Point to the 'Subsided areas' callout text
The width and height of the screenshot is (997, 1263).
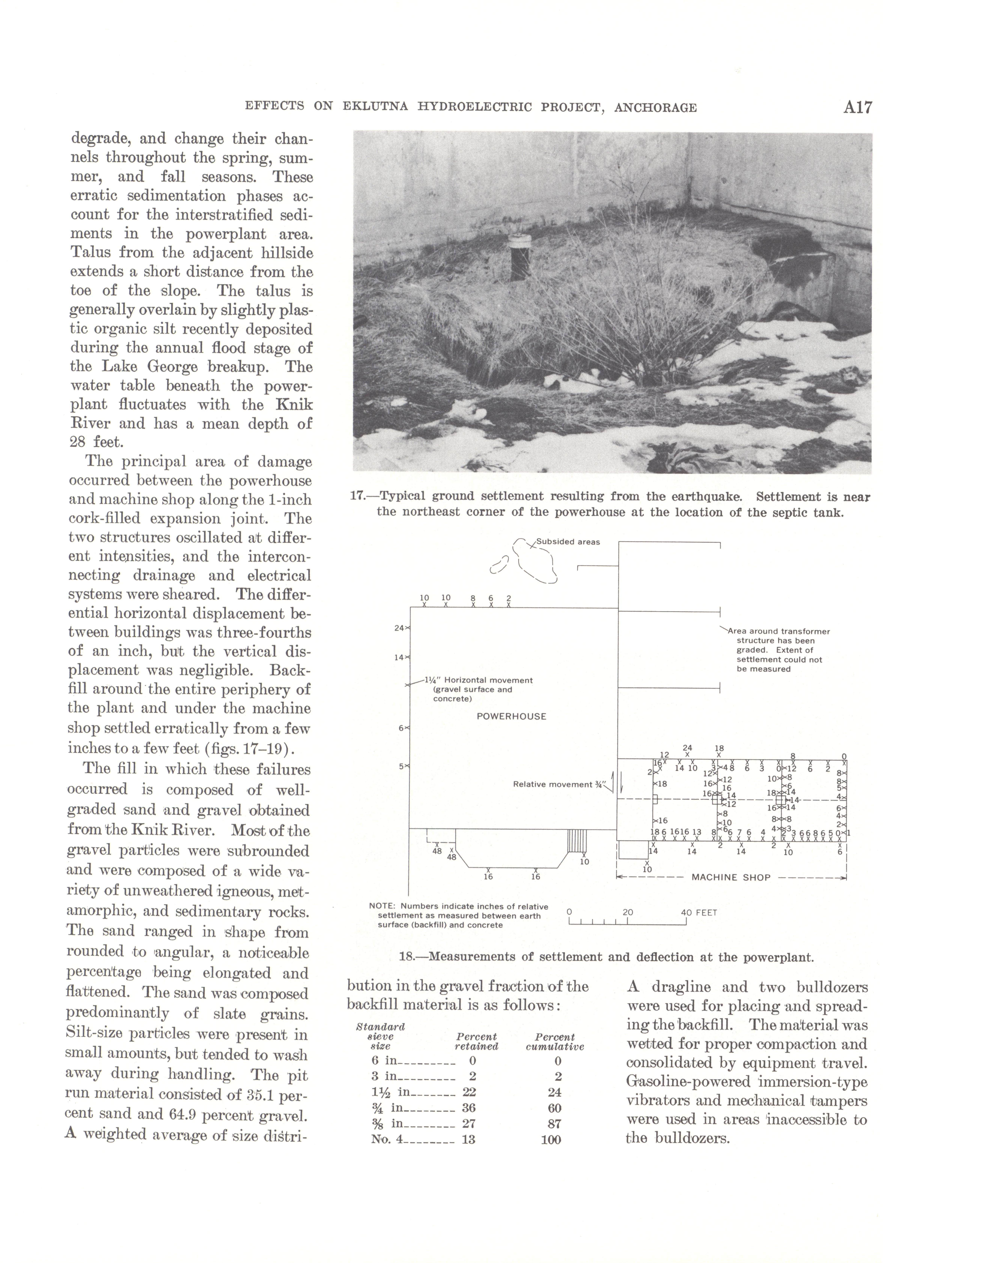568,542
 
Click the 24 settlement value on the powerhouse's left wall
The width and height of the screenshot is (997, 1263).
399,628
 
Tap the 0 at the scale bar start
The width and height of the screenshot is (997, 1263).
569,912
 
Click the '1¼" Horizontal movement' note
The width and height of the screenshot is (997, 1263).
479,680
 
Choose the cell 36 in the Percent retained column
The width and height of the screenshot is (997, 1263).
468,1108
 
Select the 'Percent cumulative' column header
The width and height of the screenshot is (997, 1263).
555,1042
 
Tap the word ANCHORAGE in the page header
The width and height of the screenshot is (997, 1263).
656,107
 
